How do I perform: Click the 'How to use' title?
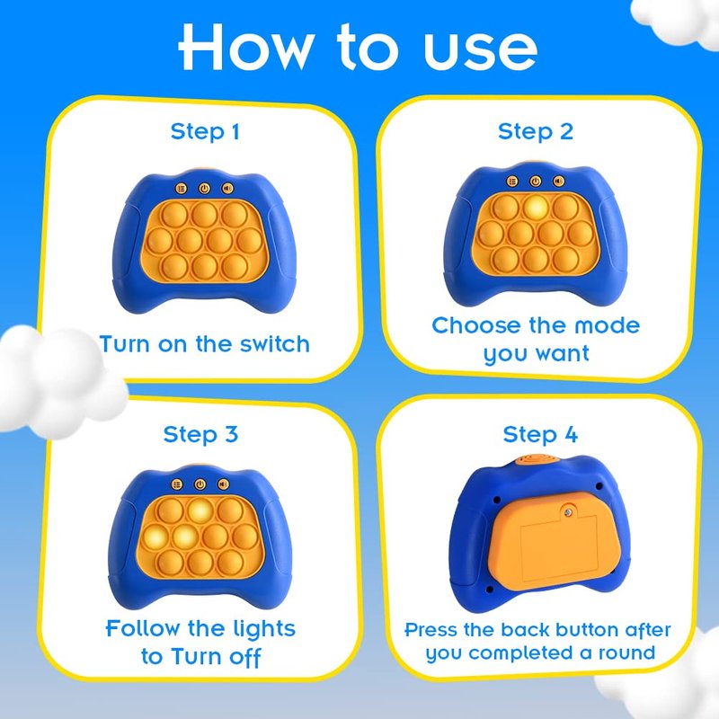click(x=358, y=48)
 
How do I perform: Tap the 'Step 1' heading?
click(x=205, y=132)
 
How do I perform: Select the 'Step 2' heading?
click(x=536, y=132)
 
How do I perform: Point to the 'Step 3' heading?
click(x=200, y=434)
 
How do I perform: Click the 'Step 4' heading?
click(x=540, y=434)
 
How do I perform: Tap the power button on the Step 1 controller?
click(x=205, y=188)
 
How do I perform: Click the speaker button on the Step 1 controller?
click(x=228, y=188)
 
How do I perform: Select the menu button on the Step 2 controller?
click(x=512, y=182)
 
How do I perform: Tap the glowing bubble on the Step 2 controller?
click(x=536, y=208)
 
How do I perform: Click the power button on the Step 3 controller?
click(x=200, y=484)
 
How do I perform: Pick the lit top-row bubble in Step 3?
click(x=200, y=510)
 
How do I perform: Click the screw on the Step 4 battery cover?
click(x=569, y=511)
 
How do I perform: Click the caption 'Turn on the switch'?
click(x=205, y=344)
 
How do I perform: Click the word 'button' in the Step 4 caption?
click(x=588, y=630)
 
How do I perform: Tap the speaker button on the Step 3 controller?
click(x=223, y=484)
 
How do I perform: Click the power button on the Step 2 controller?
click(x=536, y=182)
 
